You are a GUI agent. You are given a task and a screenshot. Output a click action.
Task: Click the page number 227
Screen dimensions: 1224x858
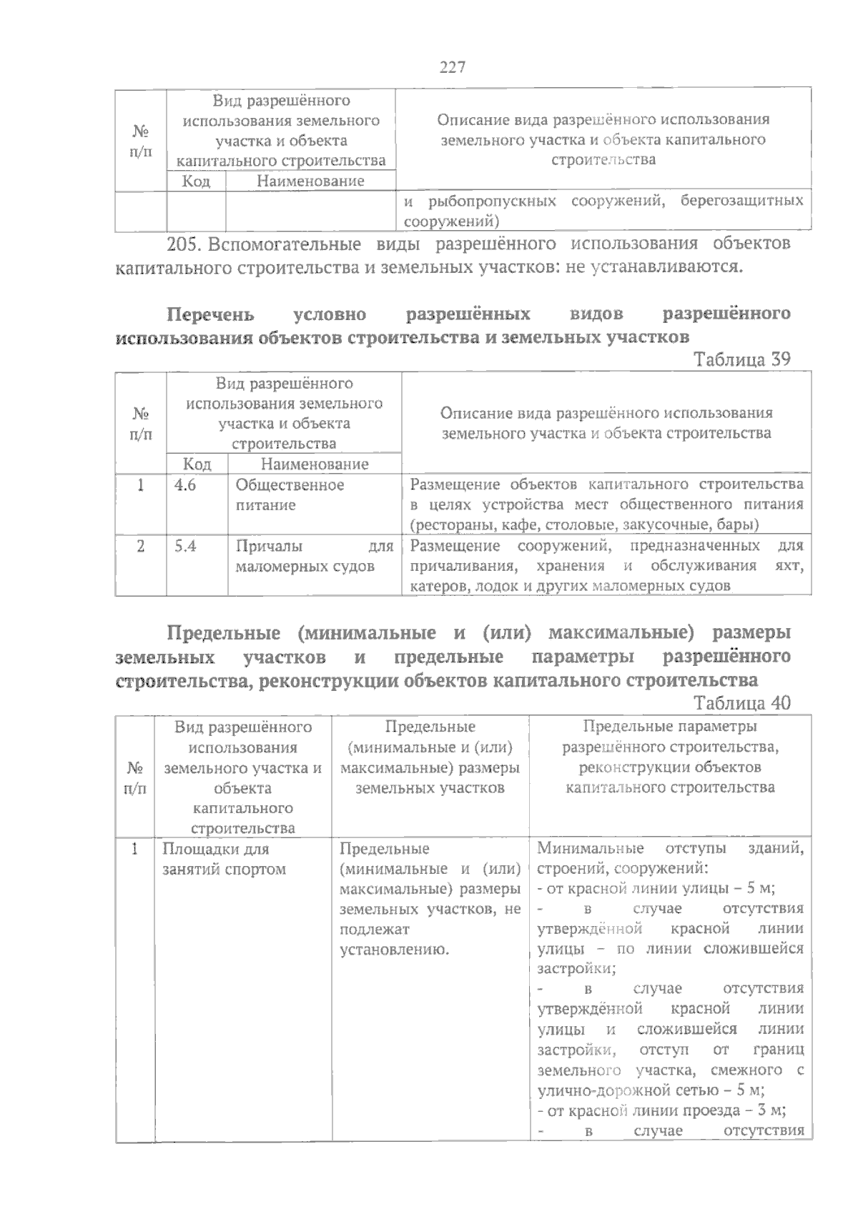pos(452,68)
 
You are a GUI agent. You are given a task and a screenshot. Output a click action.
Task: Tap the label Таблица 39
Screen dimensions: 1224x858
pos(743,359)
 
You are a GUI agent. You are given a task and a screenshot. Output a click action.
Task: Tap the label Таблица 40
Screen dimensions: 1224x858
pos(743,703)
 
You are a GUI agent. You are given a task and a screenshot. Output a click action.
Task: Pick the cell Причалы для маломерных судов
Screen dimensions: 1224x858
pos(314,557)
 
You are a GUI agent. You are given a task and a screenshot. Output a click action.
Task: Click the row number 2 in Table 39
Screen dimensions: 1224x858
pos(141,547)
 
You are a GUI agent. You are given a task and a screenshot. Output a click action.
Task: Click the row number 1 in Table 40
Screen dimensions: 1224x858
pos(134,850)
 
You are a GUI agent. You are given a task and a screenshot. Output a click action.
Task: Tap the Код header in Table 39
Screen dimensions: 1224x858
pos(197,464)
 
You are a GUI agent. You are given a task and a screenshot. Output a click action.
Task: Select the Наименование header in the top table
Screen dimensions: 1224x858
pos(310,181)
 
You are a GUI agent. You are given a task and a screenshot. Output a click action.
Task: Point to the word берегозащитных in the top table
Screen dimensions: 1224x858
pos(741,201)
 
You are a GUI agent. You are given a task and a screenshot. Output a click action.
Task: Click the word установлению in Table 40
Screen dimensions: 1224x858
pos(394,950)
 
